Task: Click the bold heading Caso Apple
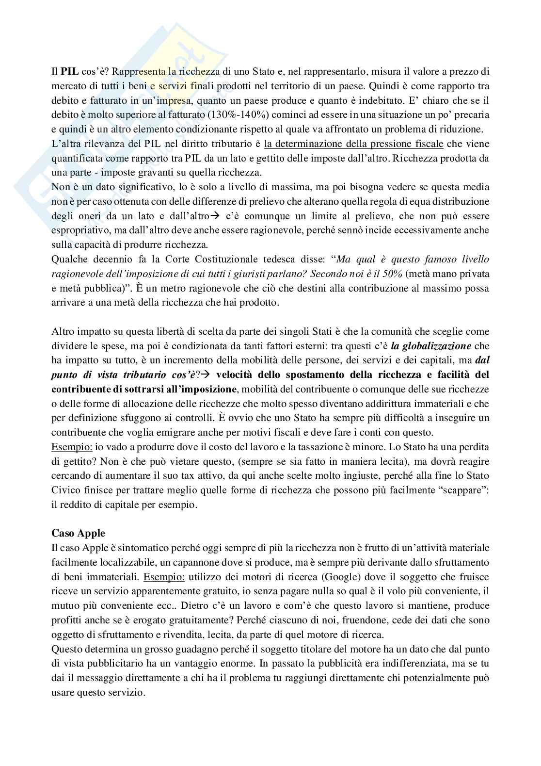click(x=78, y=533)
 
